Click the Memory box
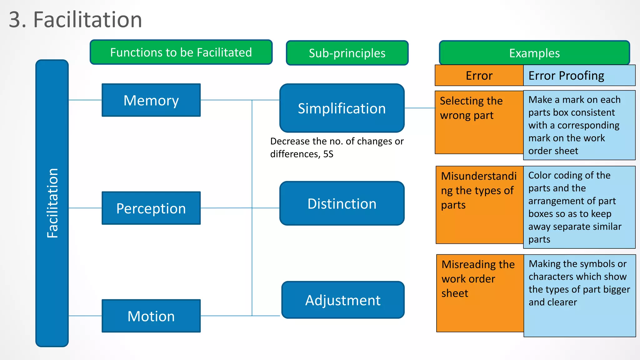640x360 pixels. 151,100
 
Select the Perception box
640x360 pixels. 151,208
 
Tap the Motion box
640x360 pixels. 151,316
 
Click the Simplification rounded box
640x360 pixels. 342,108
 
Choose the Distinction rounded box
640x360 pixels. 342,203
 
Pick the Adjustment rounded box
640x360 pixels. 343,300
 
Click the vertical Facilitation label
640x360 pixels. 52,203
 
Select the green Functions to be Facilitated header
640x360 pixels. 181,52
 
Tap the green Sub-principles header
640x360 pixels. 347,53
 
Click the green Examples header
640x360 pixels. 534,53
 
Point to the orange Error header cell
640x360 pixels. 479,76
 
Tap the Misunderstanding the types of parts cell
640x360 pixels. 479,205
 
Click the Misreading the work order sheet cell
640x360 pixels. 480,293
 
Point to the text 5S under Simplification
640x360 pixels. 328,154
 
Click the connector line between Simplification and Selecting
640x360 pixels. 420,108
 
